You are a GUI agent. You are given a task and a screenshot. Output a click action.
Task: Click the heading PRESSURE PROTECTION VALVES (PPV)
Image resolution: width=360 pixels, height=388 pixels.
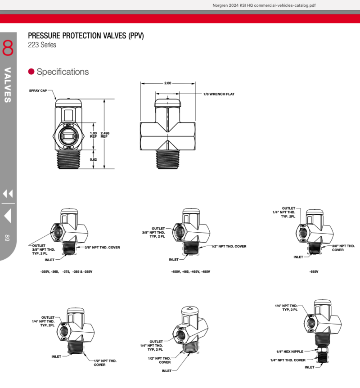coord(85,36)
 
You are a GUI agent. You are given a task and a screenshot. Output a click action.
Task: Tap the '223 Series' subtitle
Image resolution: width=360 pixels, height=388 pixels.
coord(42,45)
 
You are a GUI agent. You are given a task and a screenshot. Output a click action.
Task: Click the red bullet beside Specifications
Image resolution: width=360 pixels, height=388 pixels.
coord(31,72)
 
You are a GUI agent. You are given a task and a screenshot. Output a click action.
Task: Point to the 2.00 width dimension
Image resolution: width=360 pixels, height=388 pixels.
coord(168,83)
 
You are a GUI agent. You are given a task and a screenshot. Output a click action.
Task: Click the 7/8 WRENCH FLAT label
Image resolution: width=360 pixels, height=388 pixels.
coord(219,94)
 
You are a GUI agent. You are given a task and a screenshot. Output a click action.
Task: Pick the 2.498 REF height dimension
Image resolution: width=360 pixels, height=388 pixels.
coord(104,135)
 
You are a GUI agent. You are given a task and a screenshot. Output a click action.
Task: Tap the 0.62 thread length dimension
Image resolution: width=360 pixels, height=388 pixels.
coord(94,159)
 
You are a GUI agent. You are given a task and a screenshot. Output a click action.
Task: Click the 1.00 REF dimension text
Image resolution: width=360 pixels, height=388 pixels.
coord(94,135)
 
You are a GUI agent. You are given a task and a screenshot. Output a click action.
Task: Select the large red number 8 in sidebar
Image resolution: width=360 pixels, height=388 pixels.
coord(8,48)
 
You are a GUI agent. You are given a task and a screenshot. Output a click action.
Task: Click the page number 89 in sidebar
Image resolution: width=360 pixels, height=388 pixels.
coord(7,238)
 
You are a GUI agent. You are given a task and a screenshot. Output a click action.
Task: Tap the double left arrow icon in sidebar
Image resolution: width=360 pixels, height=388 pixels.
coord(8,194)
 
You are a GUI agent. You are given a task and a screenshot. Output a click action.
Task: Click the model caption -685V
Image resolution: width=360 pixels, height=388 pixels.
coord(315,272)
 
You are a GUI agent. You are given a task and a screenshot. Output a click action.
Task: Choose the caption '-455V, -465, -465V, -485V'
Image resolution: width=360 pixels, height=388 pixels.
coord(190,272)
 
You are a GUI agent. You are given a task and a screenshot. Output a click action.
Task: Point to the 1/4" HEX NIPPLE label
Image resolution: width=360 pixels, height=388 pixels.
coord(290,352)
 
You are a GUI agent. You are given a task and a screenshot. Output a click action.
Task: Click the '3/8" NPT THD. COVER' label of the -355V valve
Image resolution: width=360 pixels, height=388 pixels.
coord(103,248)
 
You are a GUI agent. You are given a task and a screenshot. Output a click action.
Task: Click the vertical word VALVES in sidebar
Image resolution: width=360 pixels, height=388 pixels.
coord(8,85)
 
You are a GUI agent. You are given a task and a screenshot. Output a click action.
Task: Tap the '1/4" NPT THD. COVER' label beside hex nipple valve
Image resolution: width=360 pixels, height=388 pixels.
coord(288,360)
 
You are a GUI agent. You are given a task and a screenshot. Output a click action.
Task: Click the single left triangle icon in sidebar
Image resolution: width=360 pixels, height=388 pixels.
coord(8,217)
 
